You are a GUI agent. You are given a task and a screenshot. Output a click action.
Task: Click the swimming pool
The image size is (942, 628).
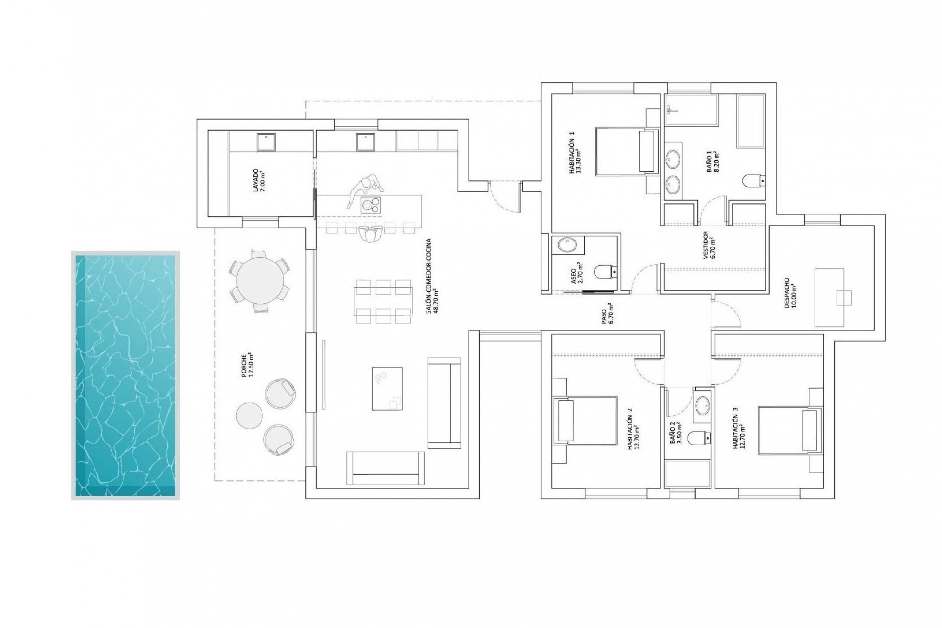click(x=125, y=375)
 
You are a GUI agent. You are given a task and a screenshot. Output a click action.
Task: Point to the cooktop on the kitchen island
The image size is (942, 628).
click(x=370, y=205)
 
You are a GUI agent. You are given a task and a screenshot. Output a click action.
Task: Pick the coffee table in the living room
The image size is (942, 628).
click(x=387, y=389)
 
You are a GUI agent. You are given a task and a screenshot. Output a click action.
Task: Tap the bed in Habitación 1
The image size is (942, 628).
click(x=626, y=151)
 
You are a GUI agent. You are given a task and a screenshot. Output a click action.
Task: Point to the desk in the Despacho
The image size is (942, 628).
click(x=830, y=297)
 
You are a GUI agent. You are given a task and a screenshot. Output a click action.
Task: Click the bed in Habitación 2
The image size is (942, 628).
click(x=584, y=420)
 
